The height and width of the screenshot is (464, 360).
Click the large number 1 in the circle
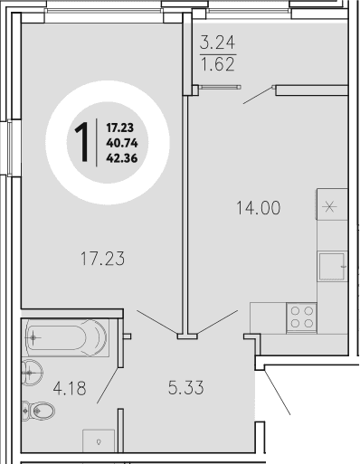coord(81,140)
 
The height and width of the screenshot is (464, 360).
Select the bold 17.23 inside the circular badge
coord(121,128)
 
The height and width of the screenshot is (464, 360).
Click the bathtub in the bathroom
coord(65,338)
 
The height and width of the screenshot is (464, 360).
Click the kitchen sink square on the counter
coord(331,266)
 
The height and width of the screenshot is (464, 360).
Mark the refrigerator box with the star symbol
coord(330,204)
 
